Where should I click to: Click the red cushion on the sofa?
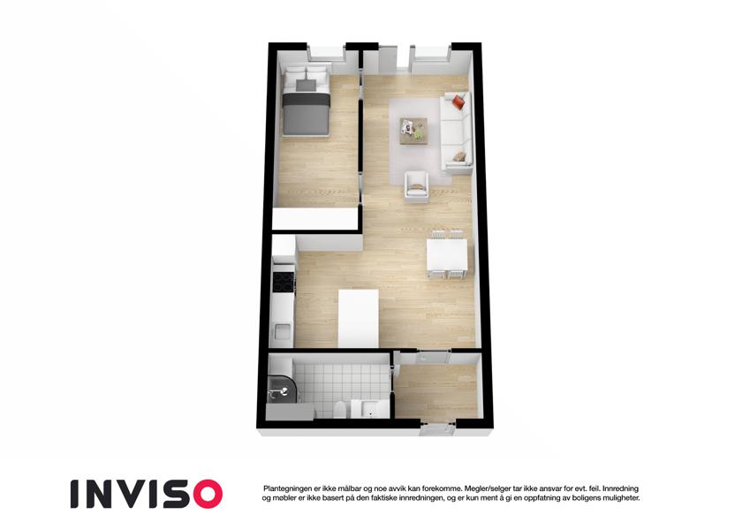click(458, 102)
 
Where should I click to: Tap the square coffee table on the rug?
click(413, 131)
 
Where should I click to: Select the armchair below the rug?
click(416, 186)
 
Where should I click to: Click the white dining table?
click(447, 254)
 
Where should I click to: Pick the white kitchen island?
click(359, 319)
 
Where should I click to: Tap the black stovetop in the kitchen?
click(283, 281)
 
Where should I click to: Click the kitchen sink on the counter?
click(282, 331)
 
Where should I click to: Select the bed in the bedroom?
click(306, 106)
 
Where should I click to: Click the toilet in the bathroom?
click(340, 410)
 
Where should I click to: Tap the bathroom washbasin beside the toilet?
click(370, 409)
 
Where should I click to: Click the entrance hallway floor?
click(436, 392)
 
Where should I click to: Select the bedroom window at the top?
click(326, 53)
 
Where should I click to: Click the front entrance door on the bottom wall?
click(436, 429)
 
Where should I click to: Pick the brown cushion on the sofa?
click(459, 156)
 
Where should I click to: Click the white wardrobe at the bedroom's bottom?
click(315, 219)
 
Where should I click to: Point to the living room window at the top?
click(430, 54)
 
